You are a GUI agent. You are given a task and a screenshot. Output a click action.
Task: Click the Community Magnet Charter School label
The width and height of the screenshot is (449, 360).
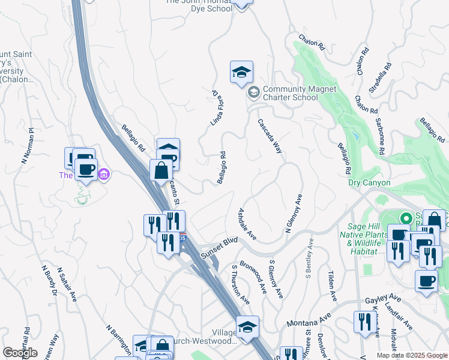point(299,93)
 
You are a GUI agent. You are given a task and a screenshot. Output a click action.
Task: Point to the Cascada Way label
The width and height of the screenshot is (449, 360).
point(270,136)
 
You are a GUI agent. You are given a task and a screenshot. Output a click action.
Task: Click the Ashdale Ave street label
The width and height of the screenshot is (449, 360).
point(247,224)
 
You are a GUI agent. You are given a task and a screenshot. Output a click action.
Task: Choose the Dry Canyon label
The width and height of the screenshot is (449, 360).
point(369,182)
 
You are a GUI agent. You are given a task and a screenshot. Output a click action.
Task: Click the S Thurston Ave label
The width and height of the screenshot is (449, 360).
point(240,285)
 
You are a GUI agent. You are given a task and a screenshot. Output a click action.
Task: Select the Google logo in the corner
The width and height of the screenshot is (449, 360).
point(20,353)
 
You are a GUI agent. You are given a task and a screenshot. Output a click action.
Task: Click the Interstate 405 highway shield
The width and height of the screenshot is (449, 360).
point(182,238)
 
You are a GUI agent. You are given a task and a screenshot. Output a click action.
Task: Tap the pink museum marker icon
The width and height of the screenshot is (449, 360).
point(104,175)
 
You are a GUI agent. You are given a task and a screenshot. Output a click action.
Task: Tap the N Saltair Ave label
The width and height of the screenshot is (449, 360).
point(66,284)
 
